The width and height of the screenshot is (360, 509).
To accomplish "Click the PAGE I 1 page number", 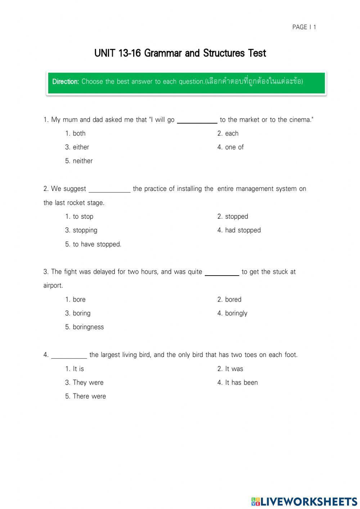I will pyautogui.click(x=304, y=27).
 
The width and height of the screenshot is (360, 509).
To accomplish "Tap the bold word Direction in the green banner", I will pyautogui.click(x=66, y=81).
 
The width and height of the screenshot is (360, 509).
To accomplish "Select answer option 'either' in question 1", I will pyautogui.click(x=81, y=147).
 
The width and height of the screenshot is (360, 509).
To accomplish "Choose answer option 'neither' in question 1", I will pyautogui.click(x=82, y=161).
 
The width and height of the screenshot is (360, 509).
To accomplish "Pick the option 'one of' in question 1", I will pyautogui.click(x=234, y=147).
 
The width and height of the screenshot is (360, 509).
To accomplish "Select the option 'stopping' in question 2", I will pyautogui.click(x=85, y=230).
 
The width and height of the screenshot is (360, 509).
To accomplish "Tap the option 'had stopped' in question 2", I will pyautogui.click(x=243, y=230).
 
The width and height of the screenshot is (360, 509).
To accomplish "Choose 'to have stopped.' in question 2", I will pyautogui.click(x=97, y=244).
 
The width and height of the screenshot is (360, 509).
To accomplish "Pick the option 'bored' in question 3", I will pyautogui.click(x=233, y=299).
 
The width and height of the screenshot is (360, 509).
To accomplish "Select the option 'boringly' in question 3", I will pyautogui.click(x=236, y=313).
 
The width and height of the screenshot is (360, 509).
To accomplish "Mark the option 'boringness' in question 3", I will pyautogui.click(x=88, y=327).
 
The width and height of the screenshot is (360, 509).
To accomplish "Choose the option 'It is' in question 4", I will pyautogui.click(x=78, y=369).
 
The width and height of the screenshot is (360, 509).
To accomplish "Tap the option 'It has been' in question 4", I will pyautogui.click(x=241, y=383).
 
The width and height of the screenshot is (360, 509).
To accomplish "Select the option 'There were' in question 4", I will pyautogui.click(x=89, y=396).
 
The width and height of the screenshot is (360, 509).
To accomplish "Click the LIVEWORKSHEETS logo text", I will pyautogui.click(x=308, y=501).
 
